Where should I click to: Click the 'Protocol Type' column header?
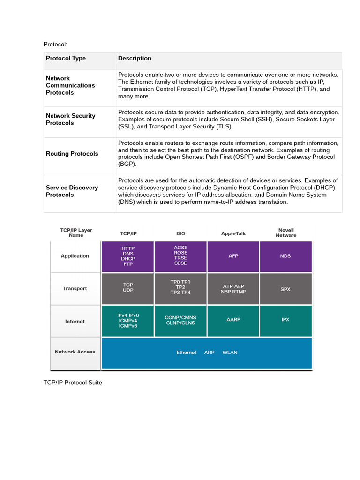pos(66,59)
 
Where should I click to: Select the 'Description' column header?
pos(135,59)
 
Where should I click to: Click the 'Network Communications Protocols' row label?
pos(70,85)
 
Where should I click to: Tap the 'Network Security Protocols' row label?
pos(70,119)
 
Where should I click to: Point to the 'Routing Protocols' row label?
pos(72,154)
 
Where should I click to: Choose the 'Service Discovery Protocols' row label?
pos(72,191)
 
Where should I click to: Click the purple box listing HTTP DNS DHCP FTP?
pos(127,256)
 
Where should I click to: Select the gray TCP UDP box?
pos(127,289)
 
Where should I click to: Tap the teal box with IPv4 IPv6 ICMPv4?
pos(127,321)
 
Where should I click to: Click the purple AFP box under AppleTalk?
pos(233,256)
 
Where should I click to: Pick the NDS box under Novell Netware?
pos(285,256)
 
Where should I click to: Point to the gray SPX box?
pos(285,289)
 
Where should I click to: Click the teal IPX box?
pos(285,320)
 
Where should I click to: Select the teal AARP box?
pos(233,320)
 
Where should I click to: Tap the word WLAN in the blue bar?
pos(230,352)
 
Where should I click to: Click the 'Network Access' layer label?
pos(75,352)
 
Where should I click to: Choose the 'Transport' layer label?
pos(75,289)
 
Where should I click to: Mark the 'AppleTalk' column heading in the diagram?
pos(233,233)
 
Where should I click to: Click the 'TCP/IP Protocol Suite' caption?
pos(73,382)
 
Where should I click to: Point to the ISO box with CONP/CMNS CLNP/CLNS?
pos(180,320)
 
